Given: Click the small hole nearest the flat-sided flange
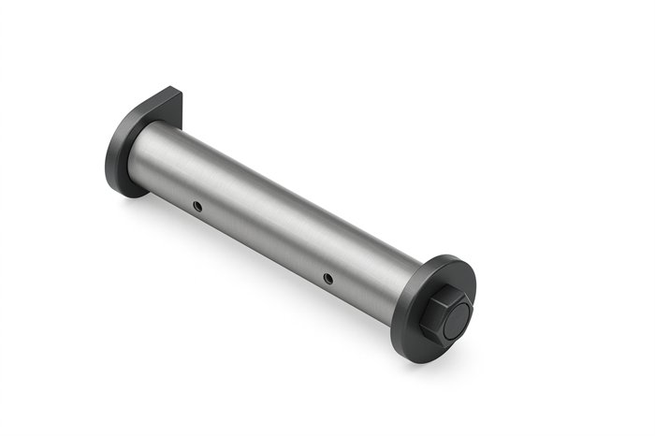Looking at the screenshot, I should (x=196, y=204).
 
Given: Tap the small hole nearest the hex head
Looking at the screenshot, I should (x=327, y=277).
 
